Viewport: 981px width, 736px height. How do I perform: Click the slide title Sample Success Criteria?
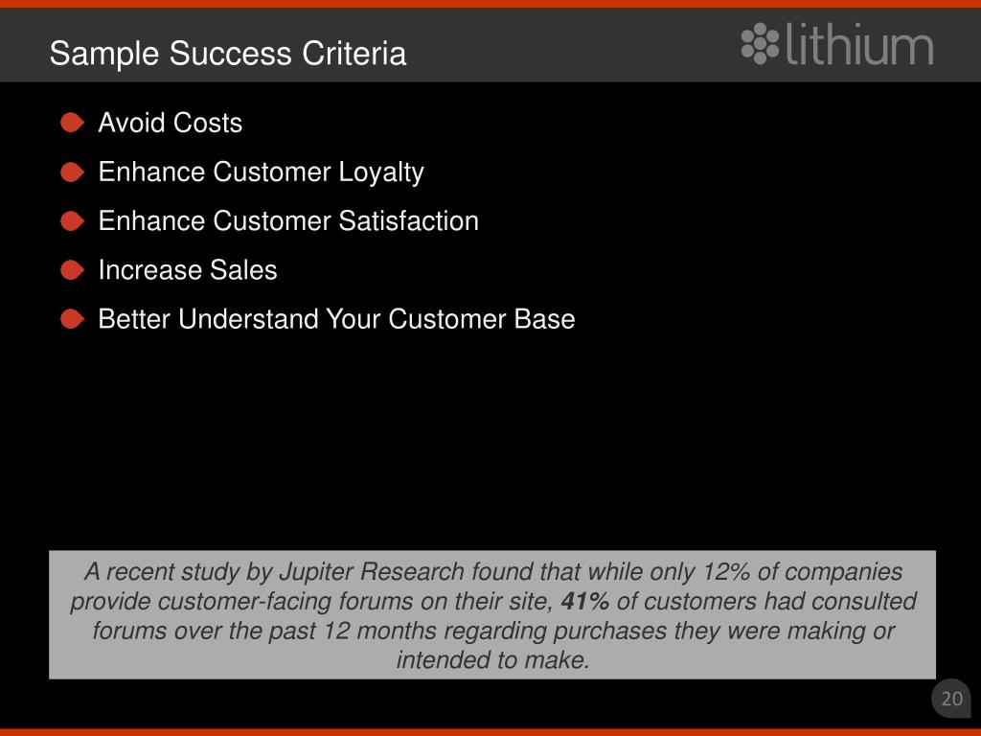point(228,54)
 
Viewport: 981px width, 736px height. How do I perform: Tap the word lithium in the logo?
point(859,44)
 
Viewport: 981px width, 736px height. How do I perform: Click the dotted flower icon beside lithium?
point(760,44)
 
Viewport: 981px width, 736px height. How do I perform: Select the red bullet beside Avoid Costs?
point(72,123)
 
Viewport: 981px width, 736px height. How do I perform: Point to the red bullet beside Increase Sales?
point(72,269)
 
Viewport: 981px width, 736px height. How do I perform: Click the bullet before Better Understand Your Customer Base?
point(72,319)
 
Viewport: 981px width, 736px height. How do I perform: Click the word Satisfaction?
point(408,221)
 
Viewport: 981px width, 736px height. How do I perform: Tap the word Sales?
point(243,269)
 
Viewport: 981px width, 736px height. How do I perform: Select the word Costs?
point(208,123)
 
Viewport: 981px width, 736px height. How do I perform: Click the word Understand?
point(248,319)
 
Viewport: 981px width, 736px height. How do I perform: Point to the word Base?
point(544,319)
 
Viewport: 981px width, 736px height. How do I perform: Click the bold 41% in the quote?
point(585,601)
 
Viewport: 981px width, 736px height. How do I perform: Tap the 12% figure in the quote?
point(726,571)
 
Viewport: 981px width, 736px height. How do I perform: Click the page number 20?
point(951,699)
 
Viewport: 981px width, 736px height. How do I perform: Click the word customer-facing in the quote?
point(244,602)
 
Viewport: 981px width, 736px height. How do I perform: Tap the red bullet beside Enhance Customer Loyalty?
point(72,172)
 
